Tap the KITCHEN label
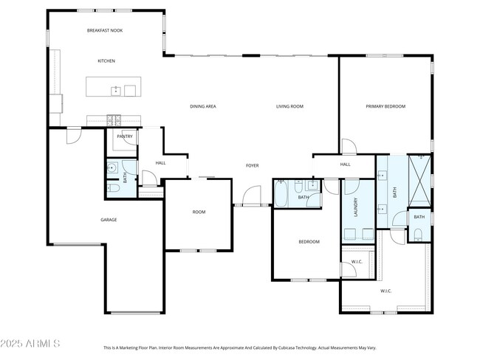[x=106, y=60]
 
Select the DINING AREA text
[x=202, y=106]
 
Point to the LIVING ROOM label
[x=289, y=106]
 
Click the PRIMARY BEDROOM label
[x=385, y=106]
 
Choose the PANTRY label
[x=124, y=136]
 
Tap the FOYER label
[x=252, y=165]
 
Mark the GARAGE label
[x=109, y=219]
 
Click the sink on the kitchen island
[x=116, y=91]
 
